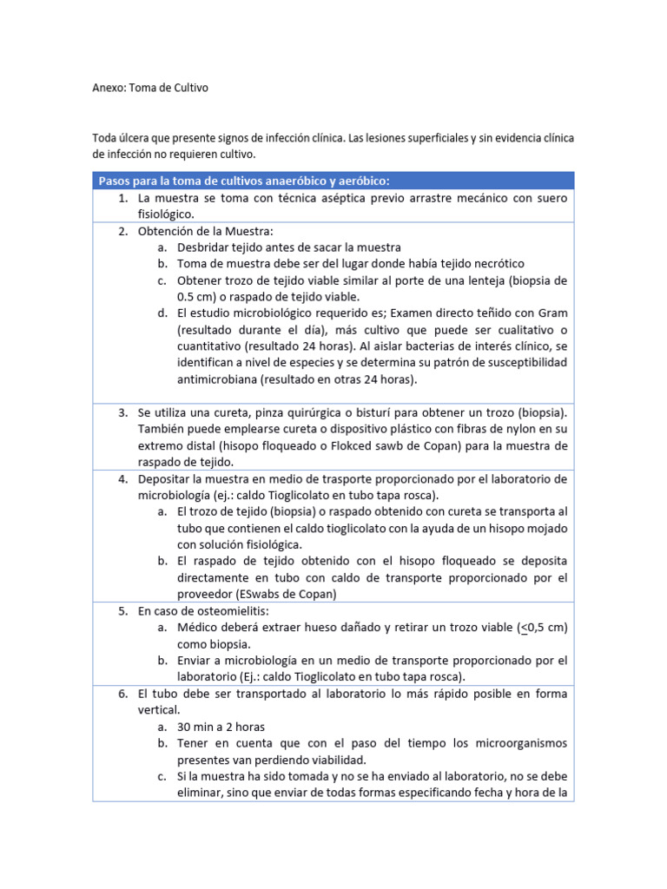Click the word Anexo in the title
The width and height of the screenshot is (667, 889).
coord(109,88)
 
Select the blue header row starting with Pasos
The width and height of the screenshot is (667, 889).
coord(333,181)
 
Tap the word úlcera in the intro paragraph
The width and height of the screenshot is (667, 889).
coord(138,139)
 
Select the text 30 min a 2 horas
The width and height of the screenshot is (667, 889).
coord(221,727)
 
